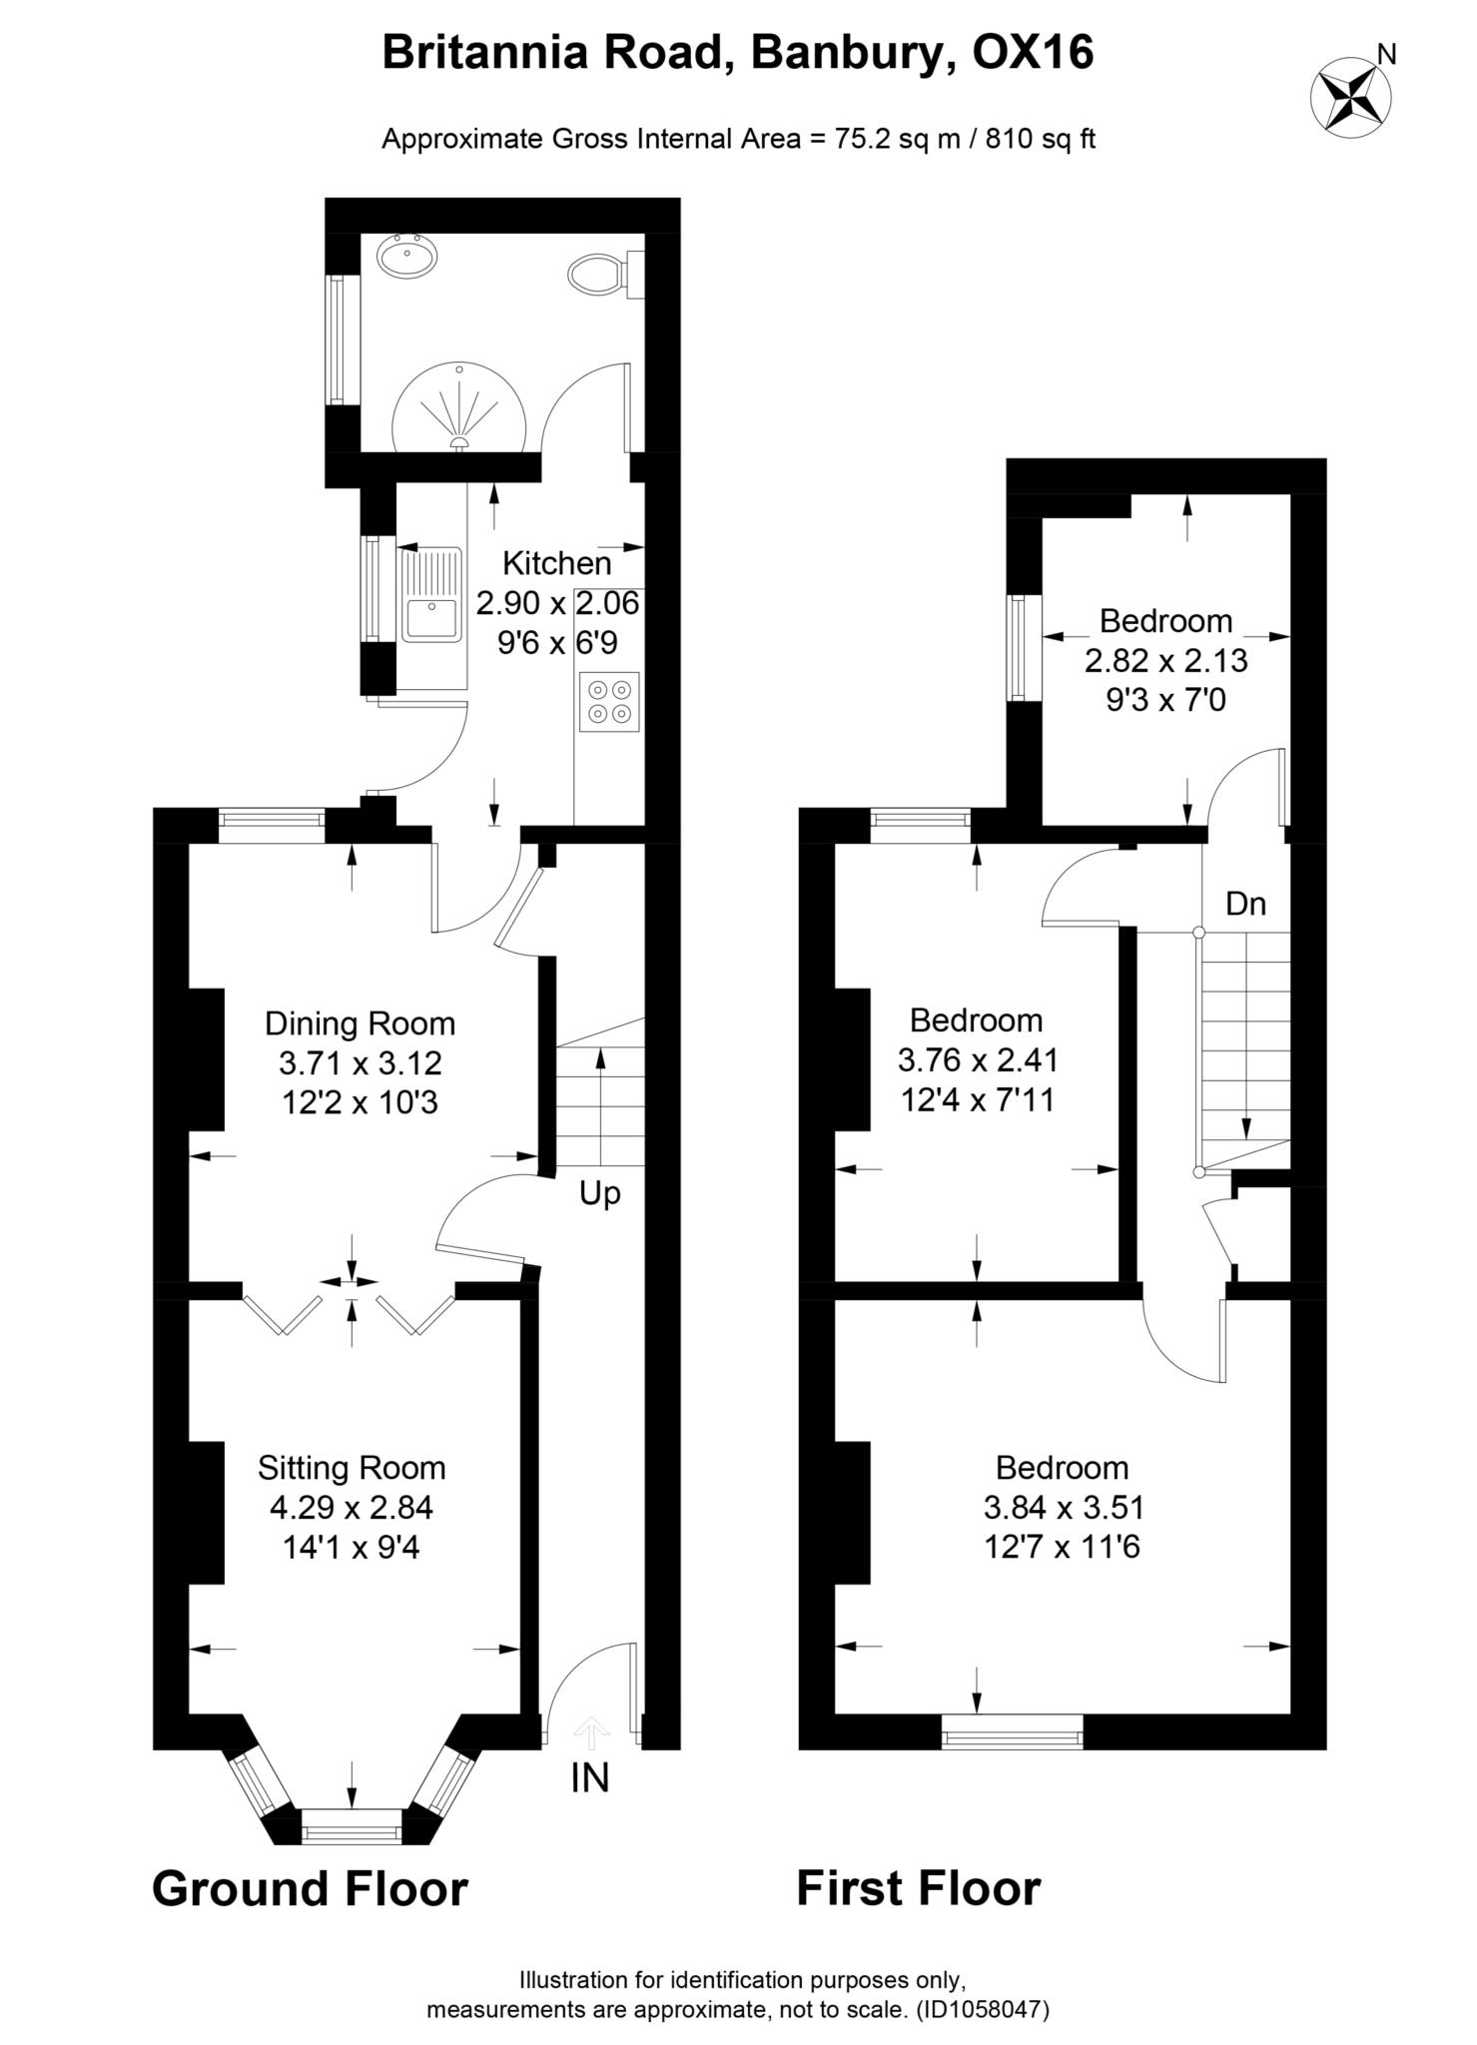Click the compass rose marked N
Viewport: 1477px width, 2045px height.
[1350, 93]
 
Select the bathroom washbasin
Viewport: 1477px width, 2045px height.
[406, 256]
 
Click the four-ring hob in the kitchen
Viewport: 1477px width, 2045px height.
[608, 701]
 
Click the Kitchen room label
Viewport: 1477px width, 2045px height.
[556, 563]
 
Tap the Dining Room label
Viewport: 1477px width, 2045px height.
[360, 1023]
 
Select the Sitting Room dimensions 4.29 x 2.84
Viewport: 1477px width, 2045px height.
[352, 1507]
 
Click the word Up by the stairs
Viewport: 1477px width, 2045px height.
[600, 1193]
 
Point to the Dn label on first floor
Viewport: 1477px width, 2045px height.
[1245, 904]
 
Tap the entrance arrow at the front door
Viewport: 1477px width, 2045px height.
[590, 1732]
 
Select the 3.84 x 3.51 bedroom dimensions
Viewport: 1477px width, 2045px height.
[1062, 1507]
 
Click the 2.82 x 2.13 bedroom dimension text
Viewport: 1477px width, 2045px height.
[1165, 660]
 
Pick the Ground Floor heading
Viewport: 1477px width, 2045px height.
[310, 1889]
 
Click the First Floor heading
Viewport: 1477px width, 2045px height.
[918, 1889]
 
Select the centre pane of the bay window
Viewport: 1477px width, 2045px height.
[351, 1831]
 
